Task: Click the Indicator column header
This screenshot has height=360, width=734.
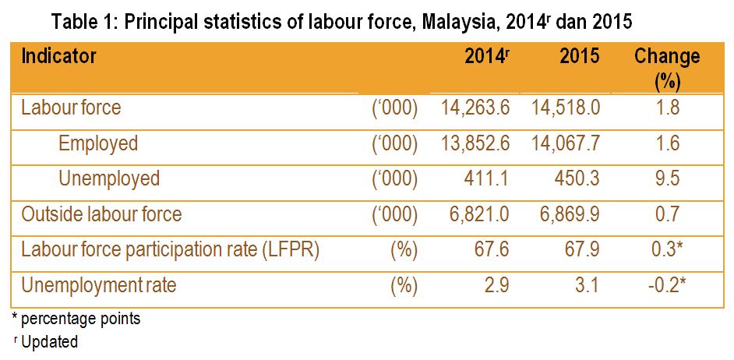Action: [x=59, y=57]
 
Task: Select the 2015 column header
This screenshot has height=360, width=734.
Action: [x=580, y=57]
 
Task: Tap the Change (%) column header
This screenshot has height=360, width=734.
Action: [x=667, y=67]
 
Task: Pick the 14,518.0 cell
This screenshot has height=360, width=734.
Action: [x=566, y=107]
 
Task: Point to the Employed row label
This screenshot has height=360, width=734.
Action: [x=98, y=143]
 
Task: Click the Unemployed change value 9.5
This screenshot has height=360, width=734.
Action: [x=668, y=178]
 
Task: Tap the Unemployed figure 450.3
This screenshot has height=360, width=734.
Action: [x=576, y=178]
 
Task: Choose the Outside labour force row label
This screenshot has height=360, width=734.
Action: [x=101, y=214]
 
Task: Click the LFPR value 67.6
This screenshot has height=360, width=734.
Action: [x=492, y=250]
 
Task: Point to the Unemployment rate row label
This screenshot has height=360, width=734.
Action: [x=99, y=285]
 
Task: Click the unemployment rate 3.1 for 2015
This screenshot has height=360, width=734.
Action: [x=588, y=285]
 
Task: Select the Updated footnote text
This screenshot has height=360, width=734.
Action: [x=50, y=342]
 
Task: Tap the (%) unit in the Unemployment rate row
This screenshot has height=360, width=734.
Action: [x=404, y=285]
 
